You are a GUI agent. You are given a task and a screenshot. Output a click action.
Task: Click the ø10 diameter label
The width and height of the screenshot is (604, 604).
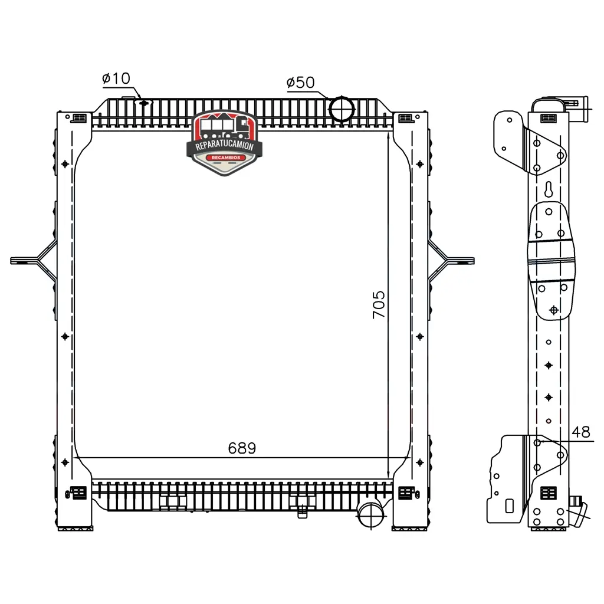[116, 78]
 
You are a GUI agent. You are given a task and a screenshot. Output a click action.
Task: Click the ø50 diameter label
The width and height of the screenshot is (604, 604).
[300, 83]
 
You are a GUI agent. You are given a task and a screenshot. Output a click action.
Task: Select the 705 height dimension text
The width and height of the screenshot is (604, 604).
[379, 305]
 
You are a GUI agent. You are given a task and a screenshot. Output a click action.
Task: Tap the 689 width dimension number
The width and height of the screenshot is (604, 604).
[242, 448]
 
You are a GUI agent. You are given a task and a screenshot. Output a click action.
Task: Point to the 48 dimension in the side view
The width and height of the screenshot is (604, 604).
[581, 432]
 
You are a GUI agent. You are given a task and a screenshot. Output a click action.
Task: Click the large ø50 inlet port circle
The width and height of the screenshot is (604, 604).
[342, 109]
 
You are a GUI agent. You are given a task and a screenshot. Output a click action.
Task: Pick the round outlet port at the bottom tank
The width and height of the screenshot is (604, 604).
[371, 514]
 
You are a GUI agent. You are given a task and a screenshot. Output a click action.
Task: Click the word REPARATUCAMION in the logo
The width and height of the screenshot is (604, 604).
[225, 146]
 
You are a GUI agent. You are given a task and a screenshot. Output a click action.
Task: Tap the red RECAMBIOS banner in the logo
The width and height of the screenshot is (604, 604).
[226, 157]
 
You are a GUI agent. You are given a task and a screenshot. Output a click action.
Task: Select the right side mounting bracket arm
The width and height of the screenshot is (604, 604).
[451, 261]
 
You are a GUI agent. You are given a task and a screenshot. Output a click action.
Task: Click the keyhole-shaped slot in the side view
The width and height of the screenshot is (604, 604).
[549, 189]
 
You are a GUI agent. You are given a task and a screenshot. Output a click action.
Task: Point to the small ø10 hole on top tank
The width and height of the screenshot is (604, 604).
[144, 103]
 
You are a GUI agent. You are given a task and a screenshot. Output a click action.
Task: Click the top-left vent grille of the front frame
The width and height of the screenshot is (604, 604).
[80, 117]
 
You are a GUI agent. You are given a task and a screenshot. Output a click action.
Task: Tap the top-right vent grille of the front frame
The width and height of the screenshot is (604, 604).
[405, 117]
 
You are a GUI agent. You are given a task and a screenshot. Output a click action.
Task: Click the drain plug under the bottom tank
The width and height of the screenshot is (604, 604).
[303, 512]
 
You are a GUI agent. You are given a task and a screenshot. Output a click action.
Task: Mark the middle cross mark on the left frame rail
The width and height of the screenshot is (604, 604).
[65, 337]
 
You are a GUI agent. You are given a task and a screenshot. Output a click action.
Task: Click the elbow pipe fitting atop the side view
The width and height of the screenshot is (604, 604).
[575, 108]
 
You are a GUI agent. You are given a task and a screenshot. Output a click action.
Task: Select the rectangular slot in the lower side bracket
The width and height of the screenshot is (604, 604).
[509, 505]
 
